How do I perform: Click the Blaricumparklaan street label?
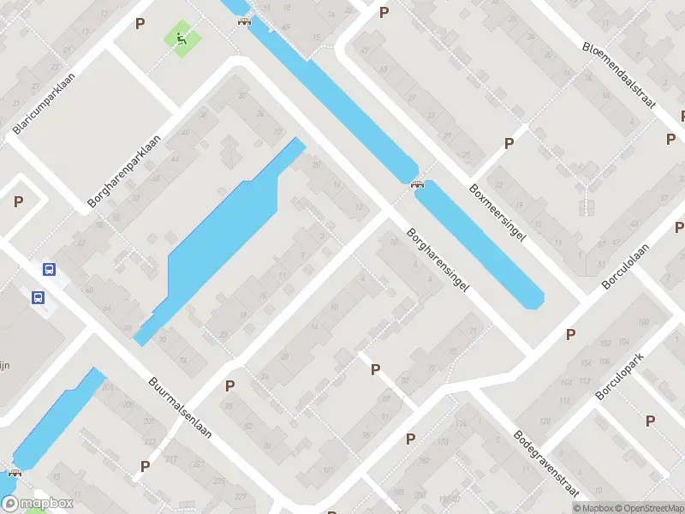pyautogui.click(x=45, y=103)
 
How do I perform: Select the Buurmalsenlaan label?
pyautogui.click(x=180, y=407)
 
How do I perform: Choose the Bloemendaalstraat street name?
pyautogui.click(x=618, y=75)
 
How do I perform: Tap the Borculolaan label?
pyautogui.click(x=626, y=265)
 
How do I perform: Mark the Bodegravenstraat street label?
pyautogui.click(x=545, y=463)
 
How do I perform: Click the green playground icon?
pyautogui.click(x=181, y=38)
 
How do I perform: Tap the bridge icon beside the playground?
pyautogui.click(x=245, y=21)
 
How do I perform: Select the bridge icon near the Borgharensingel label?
pyautogui.click(x=418, y=182)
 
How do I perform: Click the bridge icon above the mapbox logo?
pyautogui.click(x=15, y=472)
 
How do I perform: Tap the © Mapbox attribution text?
pyautogui.click(x=594, y=507)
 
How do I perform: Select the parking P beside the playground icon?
pyautogui.click(x=140, y=24)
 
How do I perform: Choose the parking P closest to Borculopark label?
pyautogui.click(x=650, y=421)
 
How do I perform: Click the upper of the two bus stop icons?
pyautogui.click(x=50, y=269)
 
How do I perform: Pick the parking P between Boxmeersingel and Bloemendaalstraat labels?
pyautogui.click(x=509, y=143)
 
